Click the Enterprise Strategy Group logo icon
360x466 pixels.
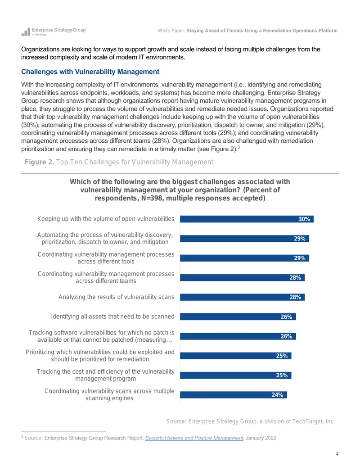point(26,32)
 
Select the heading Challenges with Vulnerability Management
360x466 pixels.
point(90,72)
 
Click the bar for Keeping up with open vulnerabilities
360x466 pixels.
point(247,219)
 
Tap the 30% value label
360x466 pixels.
point(304,219)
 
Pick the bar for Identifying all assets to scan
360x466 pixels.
point(238,317)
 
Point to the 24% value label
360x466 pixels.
point(277,395)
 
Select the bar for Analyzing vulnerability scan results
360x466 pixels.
point(242,297)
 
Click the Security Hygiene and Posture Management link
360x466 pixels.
point(194,438)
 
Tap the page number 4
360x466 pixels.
point(337,454)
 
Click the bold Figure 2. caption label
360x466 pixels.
point(39,162)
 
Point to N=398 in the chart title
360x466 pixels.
point(152,198)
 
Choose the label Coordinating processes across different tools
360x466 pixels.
point(106,258)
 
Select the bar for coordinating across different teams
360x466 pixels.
point(242,278)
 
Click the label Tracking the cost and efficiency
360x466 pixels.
point(105,375)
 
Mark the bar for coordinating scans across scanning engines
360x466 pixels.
point(233,395)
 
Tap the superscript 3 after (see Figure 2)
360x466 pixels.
point(238,147)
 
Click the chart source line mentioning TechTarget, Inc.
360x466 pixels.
point(250,421)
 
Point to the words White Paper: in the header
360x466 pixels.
point(172,31)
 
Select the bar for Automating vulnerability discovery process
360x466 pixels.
point(244,239)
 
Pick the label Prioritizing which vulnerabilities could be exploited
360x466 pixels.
point(100,355)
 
